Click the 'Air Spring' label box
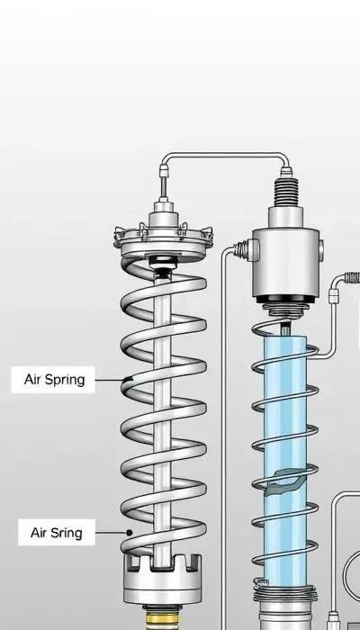53,379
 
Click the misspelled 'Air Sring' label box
57,533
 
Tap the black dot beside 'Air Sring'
129,533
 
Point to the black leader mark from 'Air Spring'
128,379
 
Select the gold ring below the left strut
162,619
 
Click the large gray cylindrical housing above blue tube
286,262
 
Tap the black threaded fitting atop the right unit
286,192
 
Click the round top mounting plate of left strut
163,243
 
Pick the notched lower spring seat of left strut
162,579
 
